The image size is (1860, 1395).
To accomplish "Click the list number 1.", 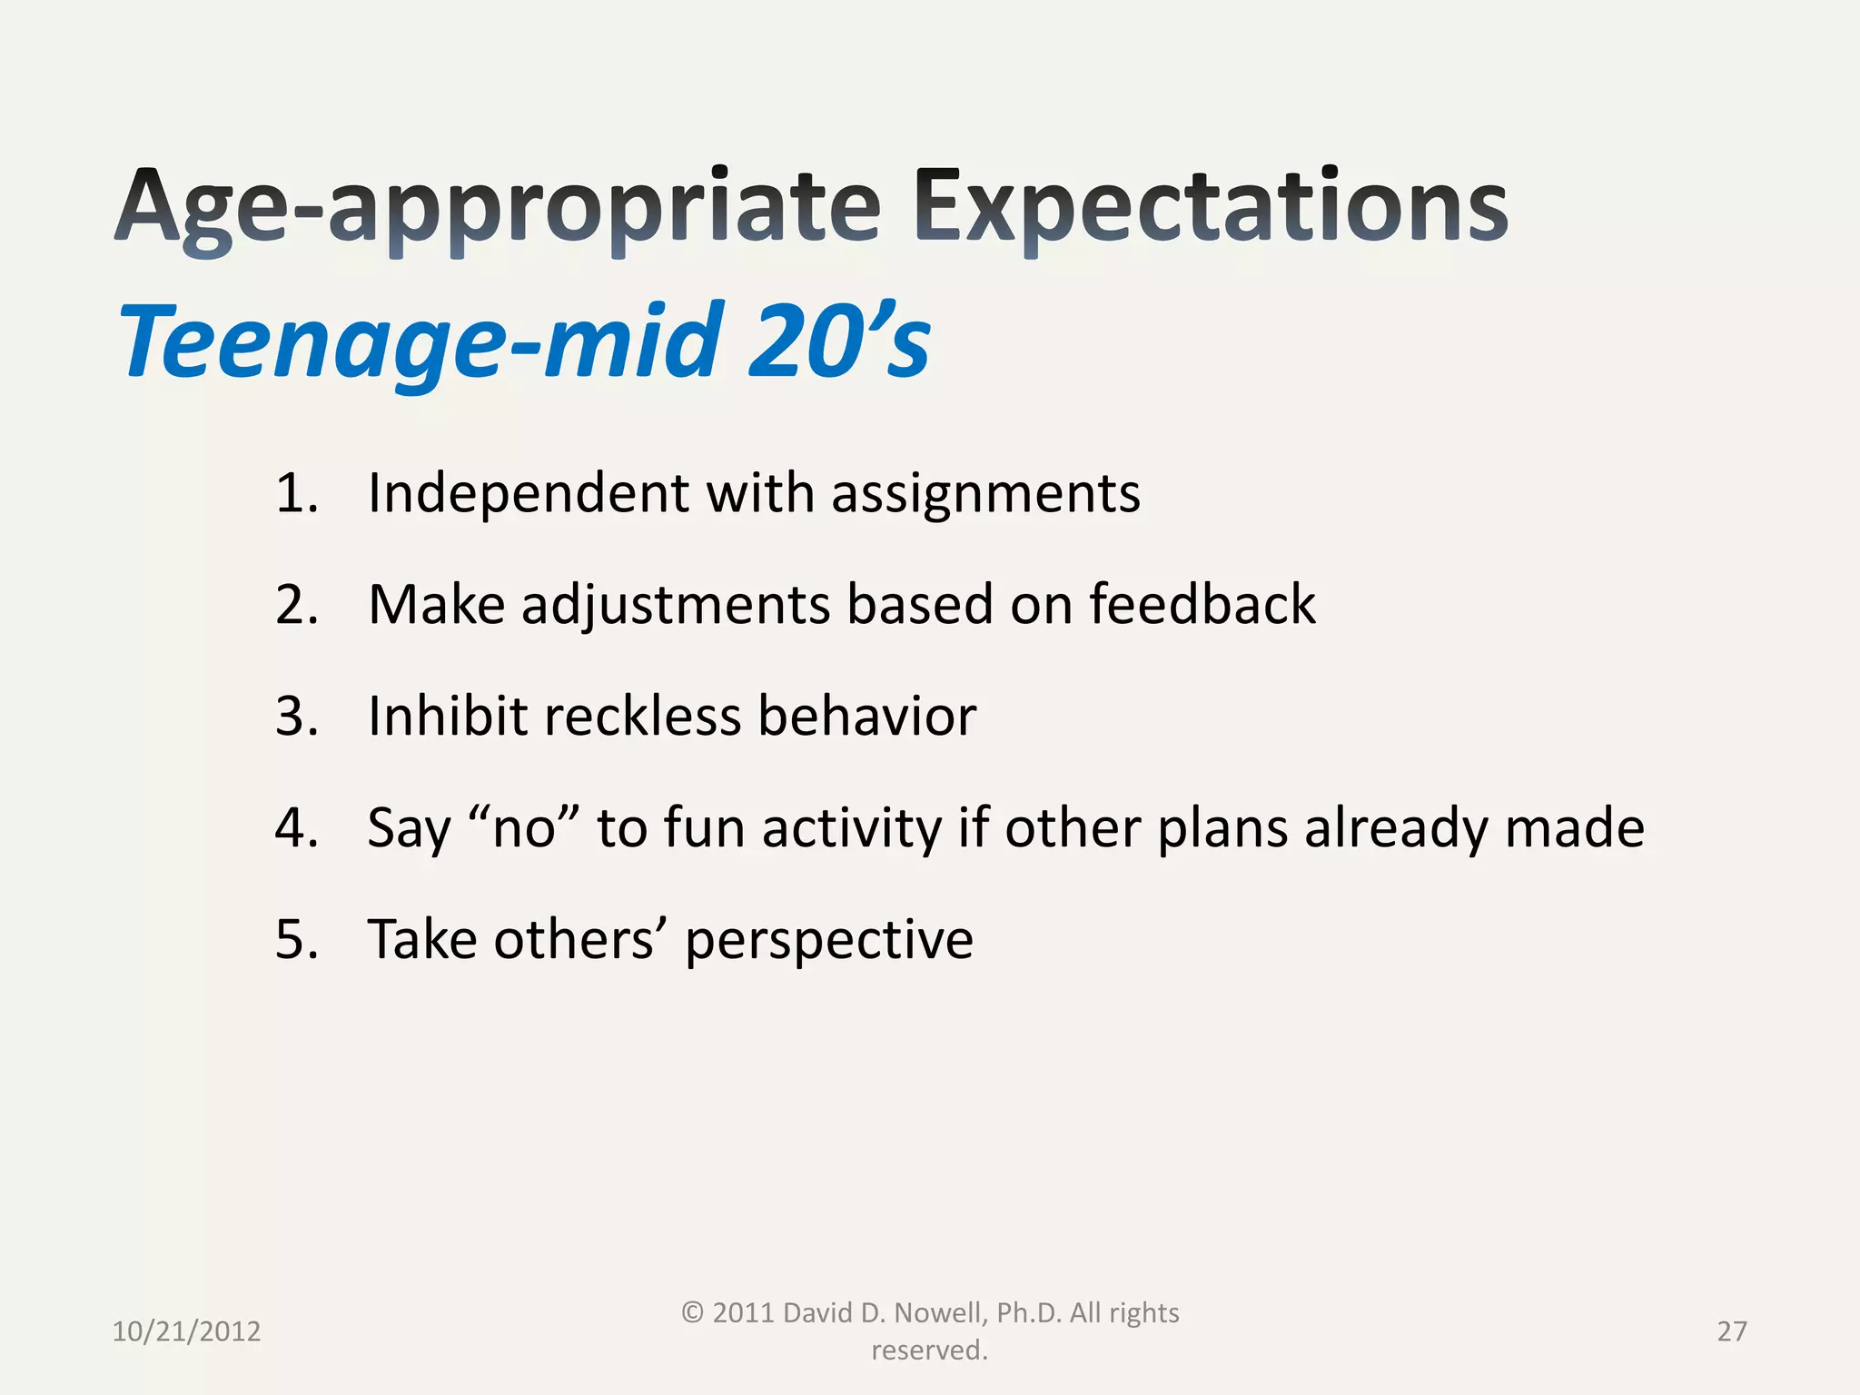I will (296, 493).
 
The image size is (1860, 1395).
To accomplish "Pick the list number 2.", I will (296, 605).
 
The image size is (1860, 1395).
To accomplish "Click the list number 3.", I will (296, 717).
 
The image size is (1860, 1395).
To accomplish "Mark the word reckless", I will (642, 717).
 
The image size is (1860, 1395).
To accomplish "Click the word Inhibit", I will (447, 717).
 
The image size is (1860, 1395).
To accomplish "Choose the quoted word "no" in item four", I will (524, 828).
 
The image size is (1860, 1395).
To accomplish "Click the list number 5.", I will (296, 940).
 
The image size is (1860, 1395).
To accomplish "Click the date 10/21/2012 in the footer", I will (186, 1331).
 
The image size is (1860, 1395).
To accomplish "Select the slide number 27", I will (1731, 1331).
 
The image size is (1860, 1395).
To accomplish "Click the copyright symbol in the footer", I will (692, 1312).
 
